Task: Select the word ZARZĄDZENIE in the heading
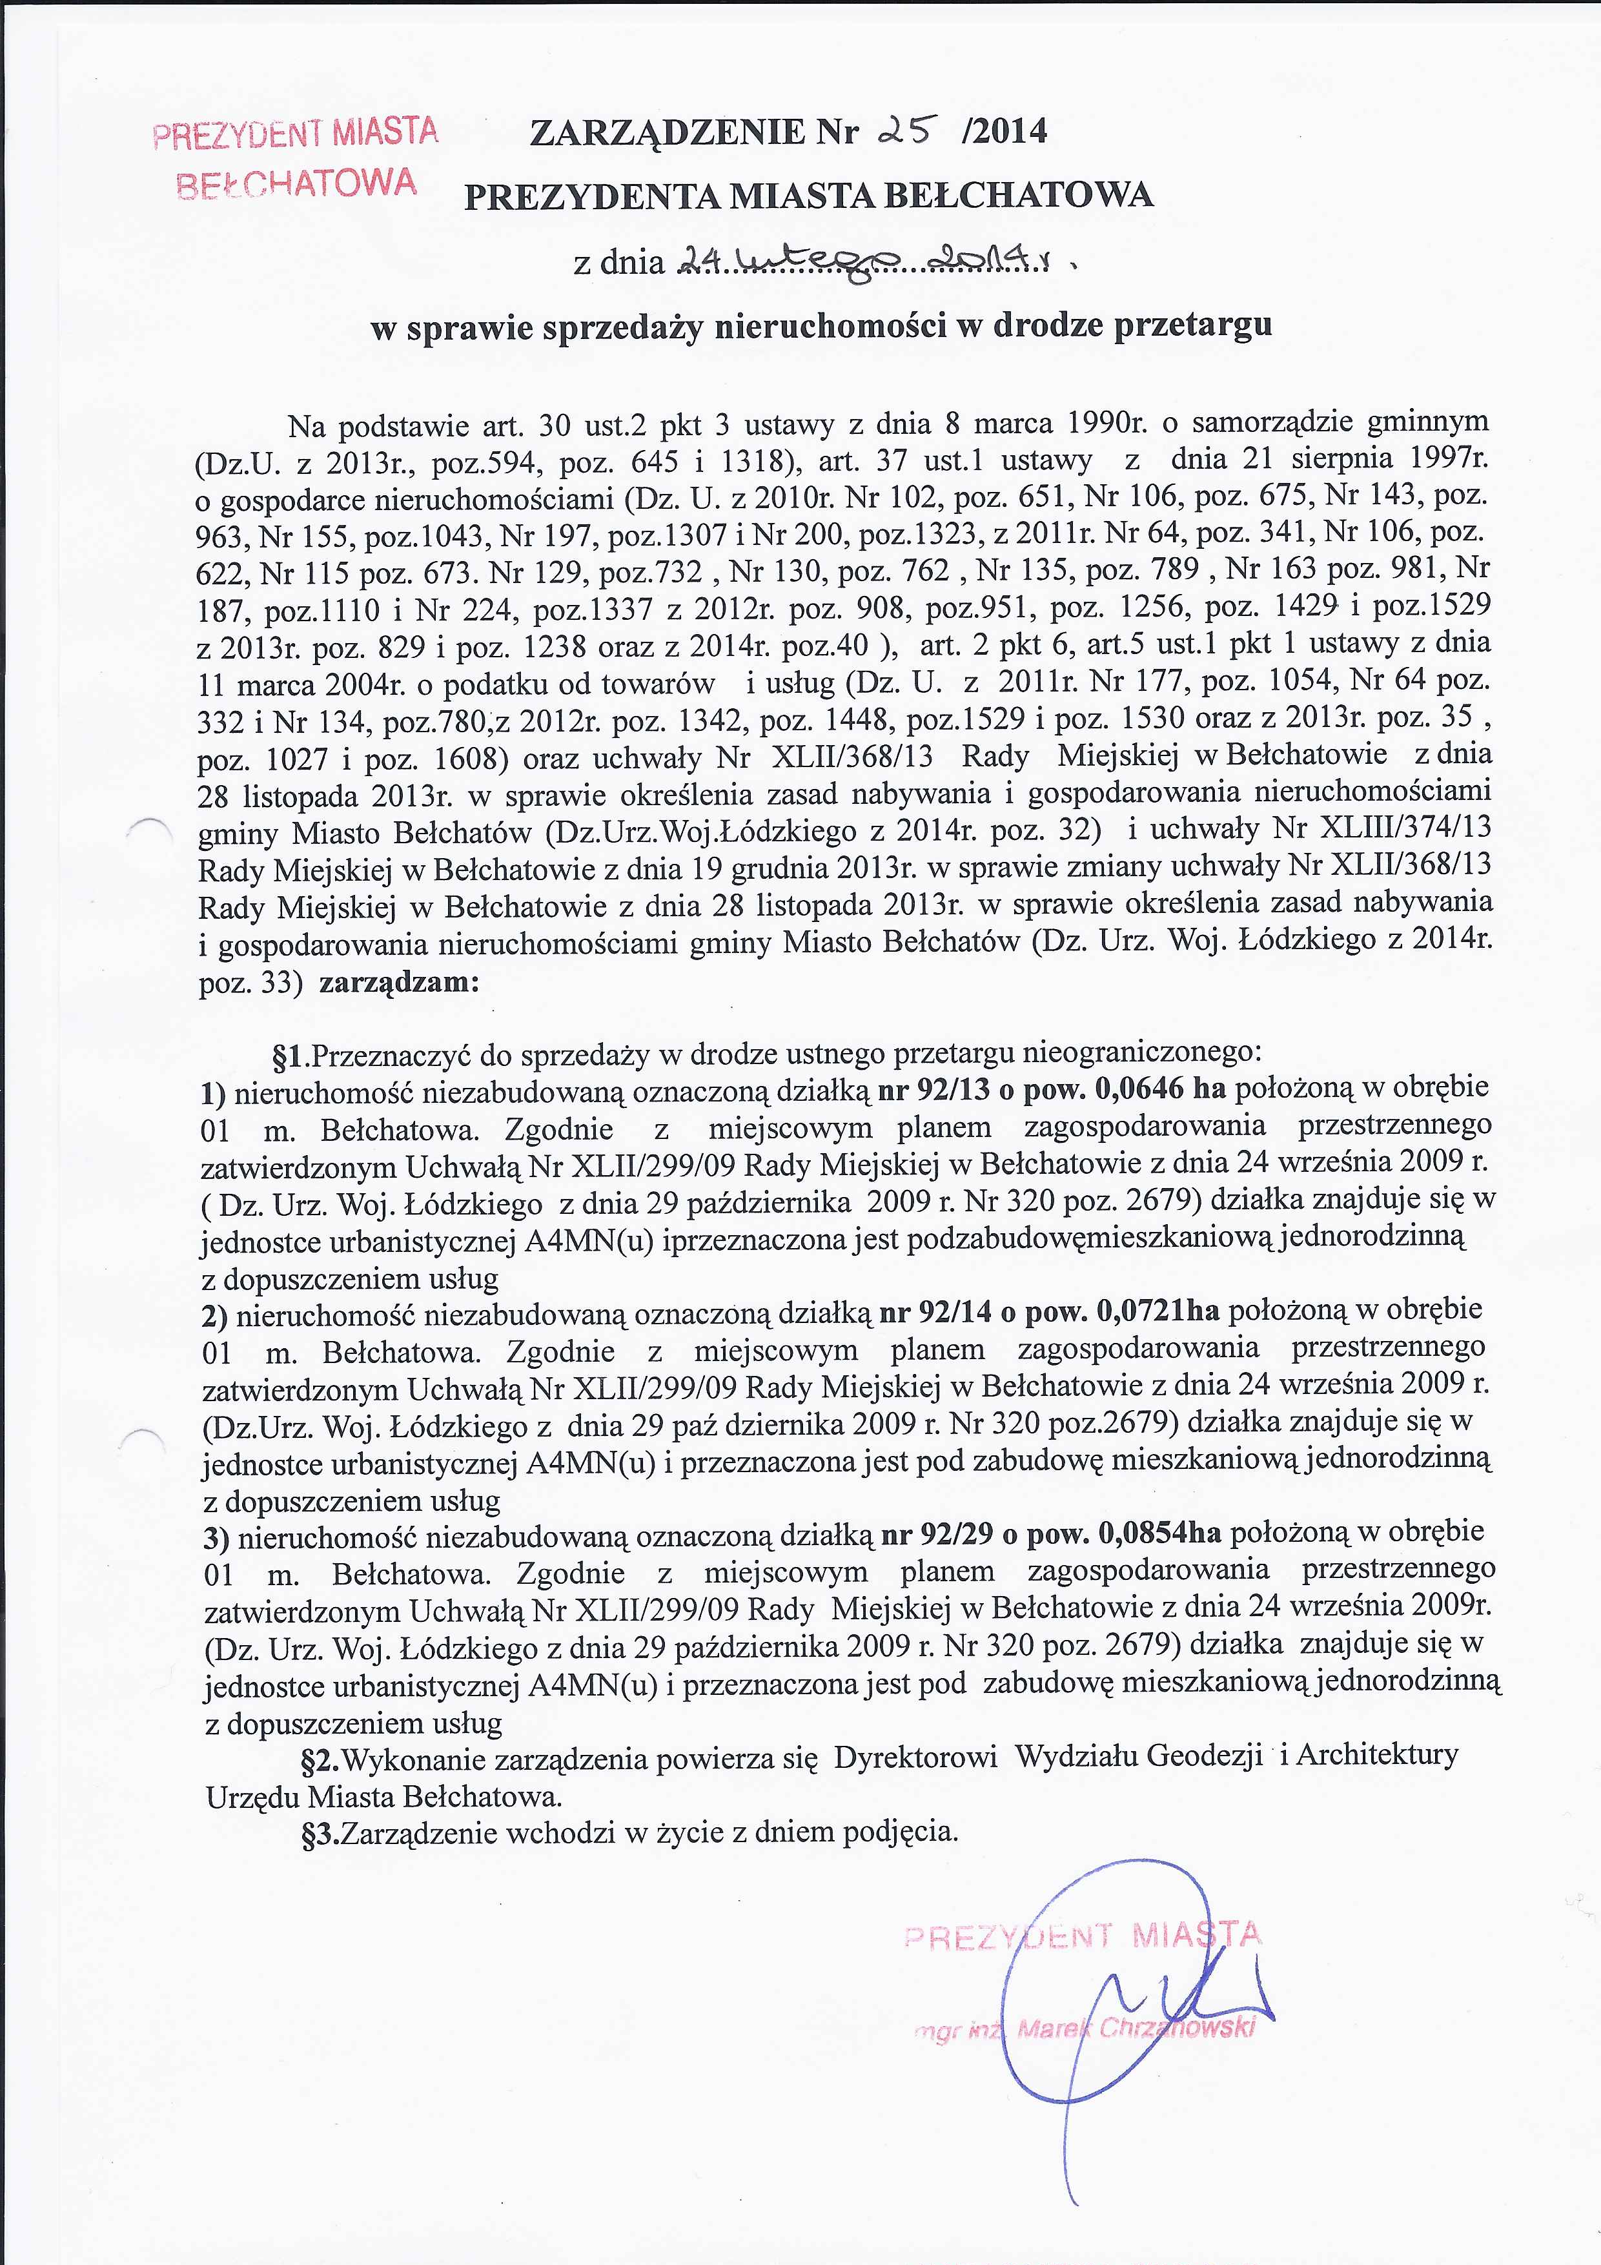tap(667, 131)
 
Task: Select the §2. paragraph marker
tap(321, 1758)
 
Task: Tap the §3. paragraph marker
tap(321, 1833)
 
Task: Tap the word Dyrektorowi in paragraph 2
tap(915, 1758)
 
